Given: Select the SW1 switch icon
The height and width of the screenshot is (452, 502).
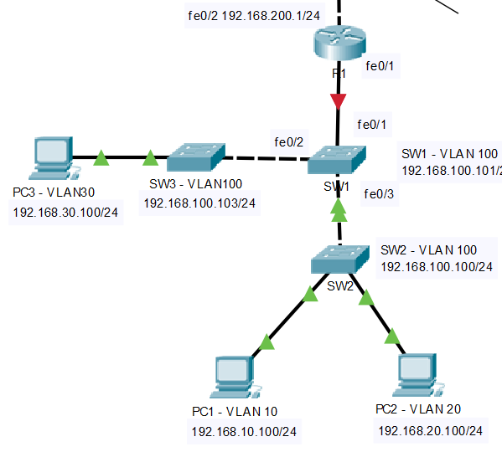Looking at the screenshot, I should tap(337, 158).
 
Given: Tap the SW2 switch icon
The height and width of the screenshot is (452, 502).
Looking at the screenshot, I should tap(340, 259).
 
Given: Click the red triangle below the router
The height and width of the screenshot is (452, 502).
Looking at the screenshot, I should tap(338, 102).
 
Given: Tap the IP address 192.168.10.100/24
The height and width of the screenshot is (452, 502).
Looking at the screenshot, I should tap(244, 432).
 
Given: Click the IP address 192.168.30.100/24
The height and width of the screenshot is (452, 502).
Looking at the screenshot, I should tap(65, 213).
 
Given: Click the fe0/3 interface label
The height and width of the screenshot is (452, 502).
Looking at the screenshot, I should tap(379, 194).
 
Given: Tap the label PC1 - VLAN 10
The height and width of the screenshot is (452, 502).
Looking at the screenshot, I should tap(235, 410).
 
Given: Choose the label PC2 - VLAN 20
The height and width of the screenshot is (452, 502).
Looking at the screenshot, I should tap(418, 408).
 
